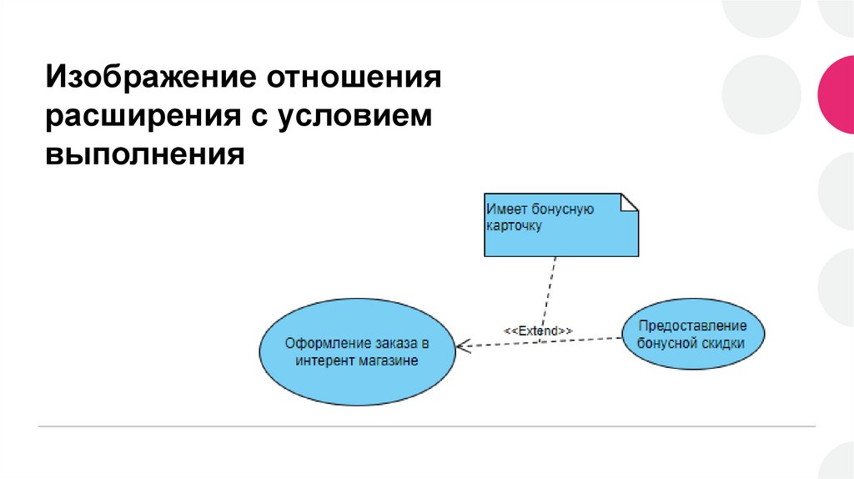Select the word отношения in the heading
tap(353, 80)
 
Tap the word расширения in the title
tap(142, 118)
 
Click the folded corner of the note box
tap(630, 201)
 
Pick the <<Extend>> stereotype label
tap(538, 330)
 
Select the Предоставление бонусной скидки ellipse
tap(691, 335)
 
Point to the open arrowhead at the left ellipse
tap(461, 345)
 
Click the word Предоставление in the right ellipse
tap(692, 325)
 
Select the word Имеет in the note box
tap(505, 209)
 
